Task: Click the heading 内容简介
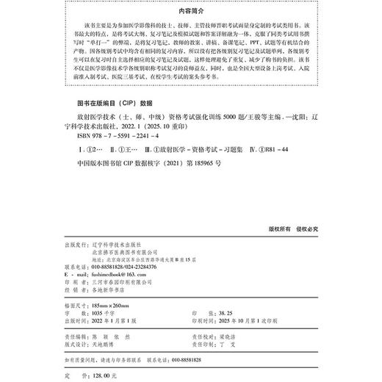190,11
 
